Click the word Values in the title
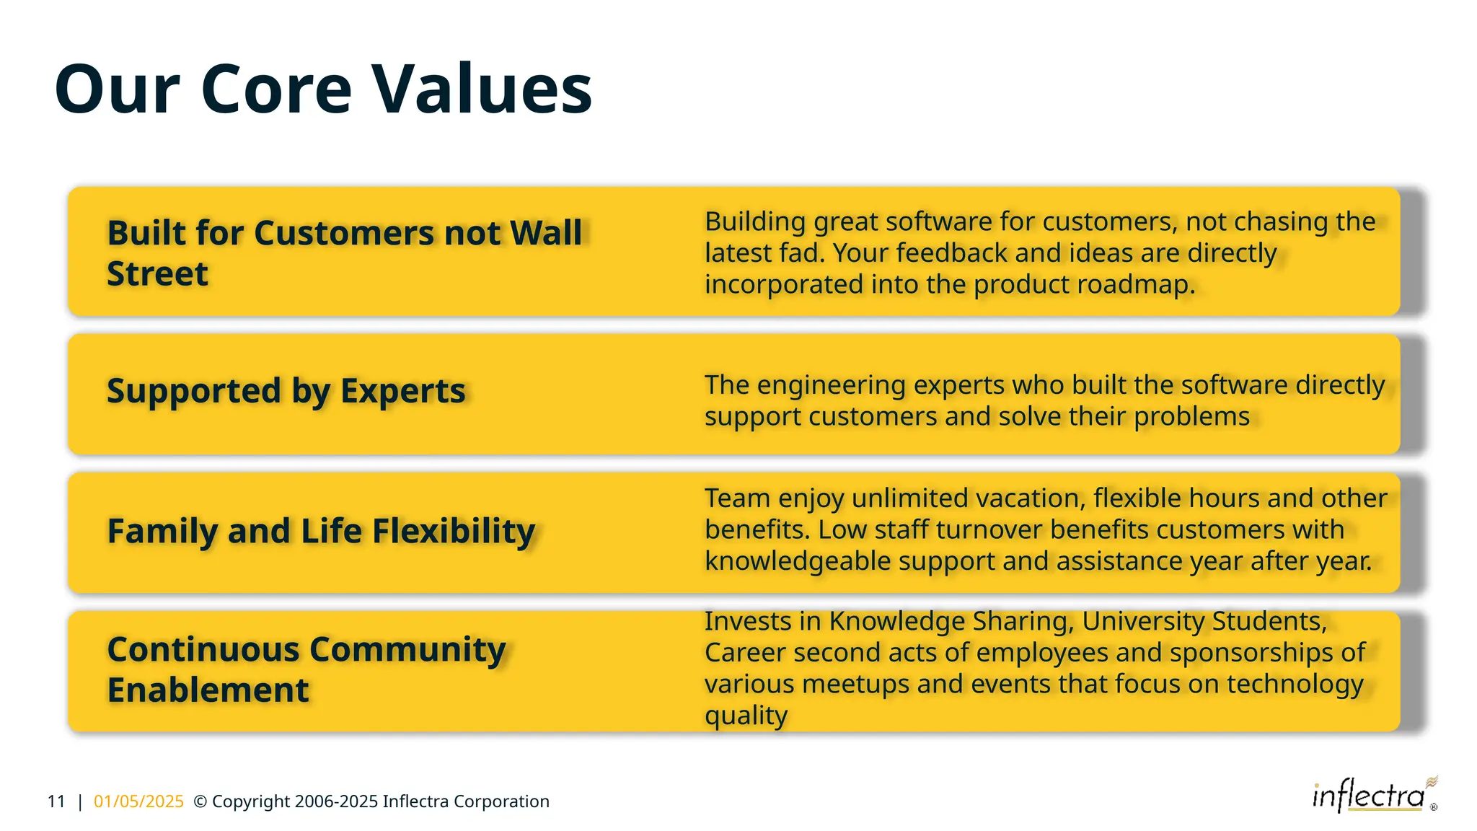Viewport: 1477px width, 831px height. [482, 89]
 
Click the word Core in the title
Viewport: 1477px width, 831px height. [276, 89]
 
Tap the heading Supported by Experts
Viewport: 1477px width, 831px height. [286, 391]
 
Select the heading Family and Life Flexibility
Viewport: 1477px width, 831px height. [321, 531]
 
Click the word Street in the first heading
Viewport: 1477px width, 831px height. [157, 274]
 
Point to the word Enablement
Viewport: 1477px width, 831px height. [208, 690]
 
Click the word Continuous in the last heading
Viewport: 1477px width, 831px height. [203, 649]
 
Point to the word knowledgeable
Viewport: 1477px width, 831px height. [797, 561]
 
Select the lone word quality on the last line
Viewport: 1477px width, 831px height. [746, 716]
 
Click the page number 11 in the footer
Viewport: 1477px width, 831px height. [56, 801]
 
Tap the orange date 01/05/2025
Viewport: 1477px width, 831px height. [138, 801]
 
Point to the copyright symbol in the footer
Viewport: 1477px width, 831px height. [200, 801]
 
